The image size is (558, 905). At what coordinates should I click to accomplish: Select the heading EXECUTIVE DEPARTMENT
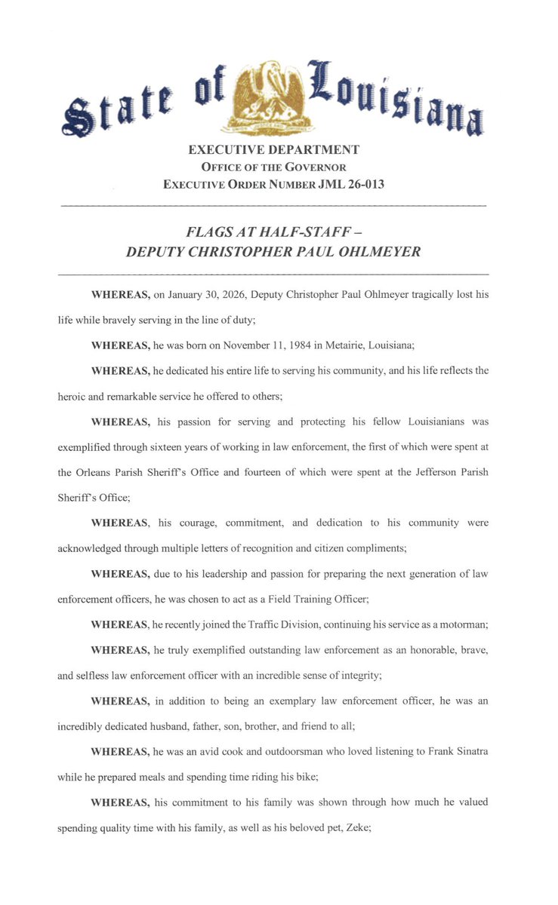(273, 149)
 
